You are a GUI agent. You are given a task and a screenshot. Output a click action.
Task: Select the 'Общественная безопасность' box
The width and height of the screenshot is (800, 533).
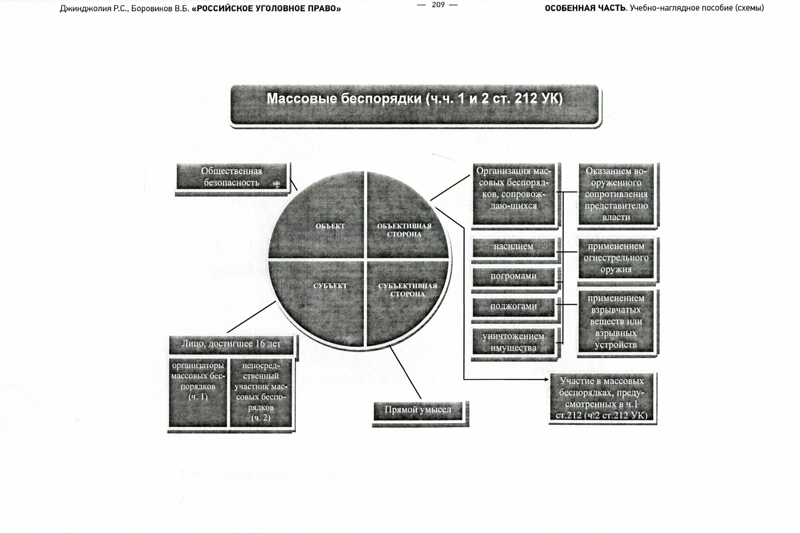pyautogui.click(x=232, y=177)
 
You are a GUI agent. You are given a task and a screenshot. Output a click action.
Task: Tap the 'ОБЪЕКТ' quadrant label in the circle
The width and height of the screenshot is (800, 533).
pyautogui.click(x=330, y=226)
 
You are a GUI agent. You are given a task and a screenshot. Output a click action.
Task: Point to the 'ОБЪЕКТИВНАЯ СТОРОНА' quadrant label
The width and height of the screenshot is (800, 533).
pyautogui.click(x=404, y=230)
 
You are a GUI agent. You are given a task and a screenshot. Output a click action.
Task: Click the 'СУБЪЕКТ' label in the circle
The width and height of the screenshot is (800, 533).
pyautogui.click(x=330, y=286)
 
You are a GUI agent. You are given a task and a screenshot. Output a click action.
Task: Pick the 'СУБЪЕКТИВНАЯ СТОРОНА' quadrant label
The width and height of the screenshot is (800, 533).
pyautogui.click(x=407, y=290)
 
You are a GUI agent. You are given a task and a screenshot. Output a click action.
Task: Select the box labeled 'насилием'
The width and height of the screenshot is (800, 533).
pyautogui.click(x=513, y=247)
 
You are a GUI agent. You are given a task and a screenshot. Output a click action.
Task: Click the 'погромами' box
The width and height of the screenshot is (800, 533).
pyautogui.click(x=513, y=276)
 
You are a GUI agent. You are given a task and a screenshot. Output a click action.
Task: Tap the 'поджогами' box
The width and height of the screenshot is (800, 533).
pyautogui.click(x=513, y=306)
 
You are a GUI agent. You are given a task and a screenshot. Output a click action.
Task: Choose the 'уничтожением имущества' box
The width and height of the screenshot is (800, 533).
pyautogui.click(x=513, y=342)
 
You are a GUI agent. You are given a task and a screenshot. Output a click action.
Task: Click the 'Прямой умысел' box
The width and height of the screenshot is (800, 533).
pyautogui.click(x=418, y=410)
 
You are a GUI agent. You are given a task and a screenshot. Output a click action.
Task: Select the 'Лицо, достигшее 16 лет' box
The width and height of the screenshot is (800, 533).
pyautogui.click(x=231, y=344)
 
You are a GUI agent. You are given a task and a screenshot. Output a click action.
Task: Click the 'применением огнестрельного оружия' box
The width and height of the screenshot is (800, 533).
pyautogui.click(x=616, y=258)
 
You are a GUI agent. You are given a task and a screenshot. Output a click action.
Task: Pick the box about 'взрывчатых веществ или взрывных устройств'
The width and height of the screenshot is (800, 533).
pyautogui.click(x=616, y=321)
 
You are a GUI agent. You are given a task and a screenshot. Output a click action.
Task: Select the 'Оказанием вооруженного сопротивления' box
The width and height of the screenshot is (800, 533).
pyautogui.click(x=616, y=194)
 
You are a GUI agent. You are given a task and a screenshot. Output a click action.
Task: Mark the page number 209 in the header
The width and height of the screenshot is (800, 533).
pyautogui.click(x=438, y=5)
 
